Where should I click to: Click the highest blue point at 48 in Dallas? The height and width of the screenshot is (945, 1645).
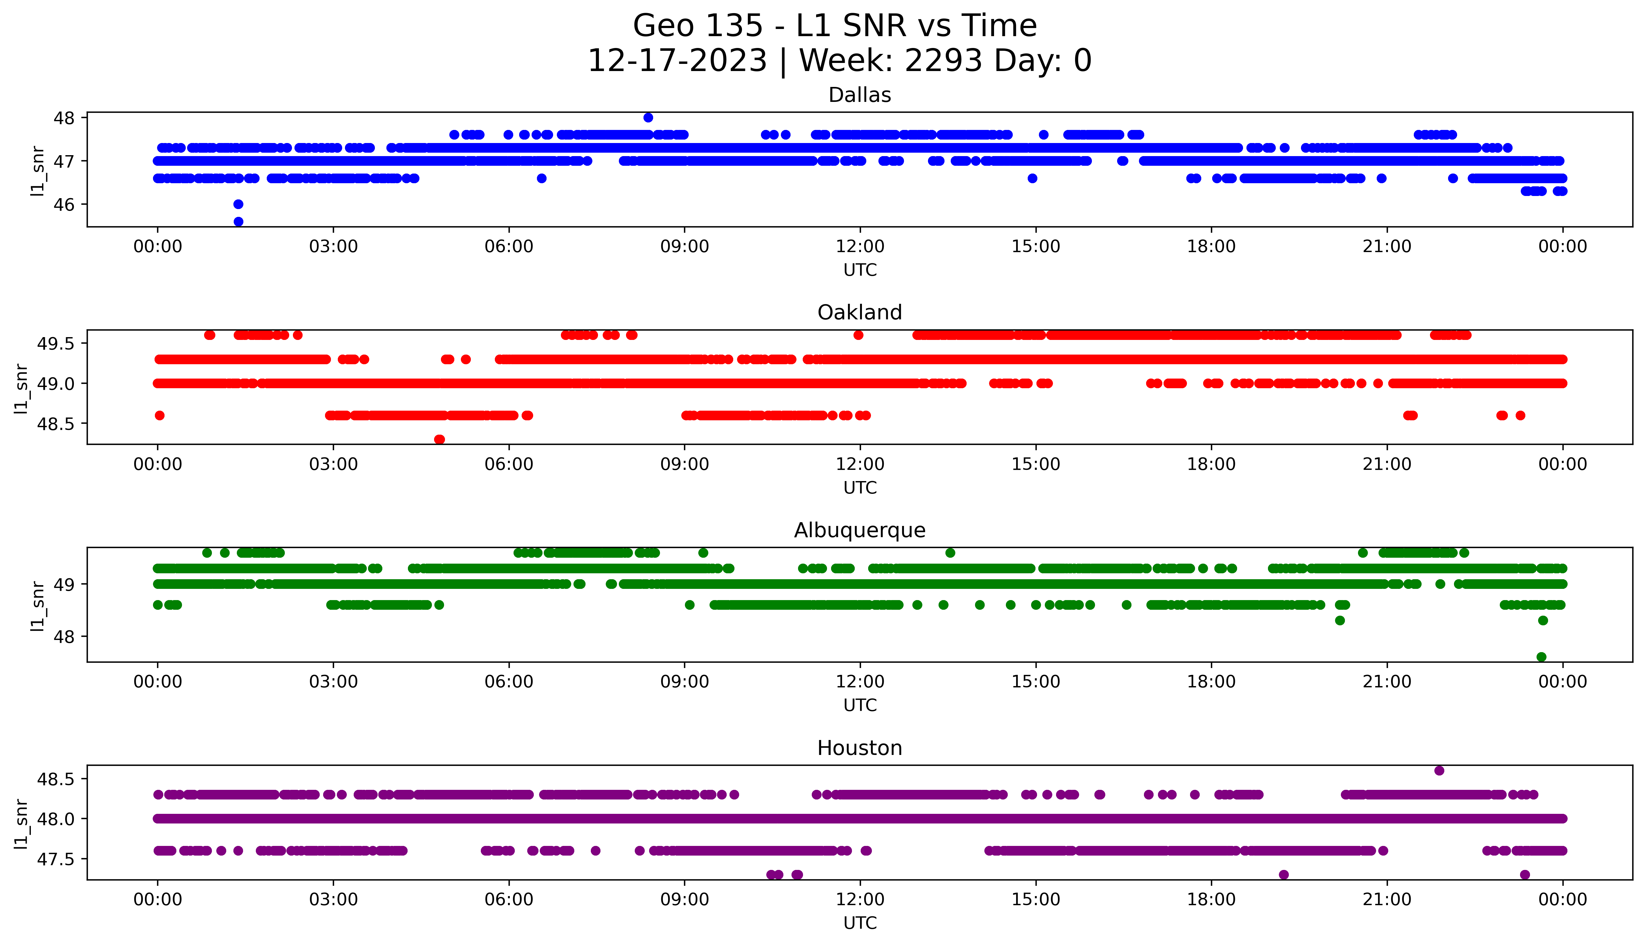(648, 117)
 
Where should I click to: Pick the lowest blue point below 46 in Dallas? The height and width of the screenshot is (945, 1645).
(238, 221)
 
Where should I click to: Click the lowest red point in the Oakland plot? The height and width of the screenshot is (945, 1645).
(439, 439)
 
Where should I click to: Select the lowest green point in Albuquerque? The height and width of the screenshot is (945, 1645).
(1541, 657)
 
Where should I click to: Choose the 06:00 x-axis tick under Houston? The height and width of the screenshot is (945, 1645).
(509, 900)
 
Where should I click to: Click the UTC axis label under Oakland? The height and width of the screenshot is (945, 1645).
(860, 487)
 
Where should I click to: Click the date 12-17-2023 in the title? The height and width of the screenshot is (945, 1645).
(677, 61)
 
